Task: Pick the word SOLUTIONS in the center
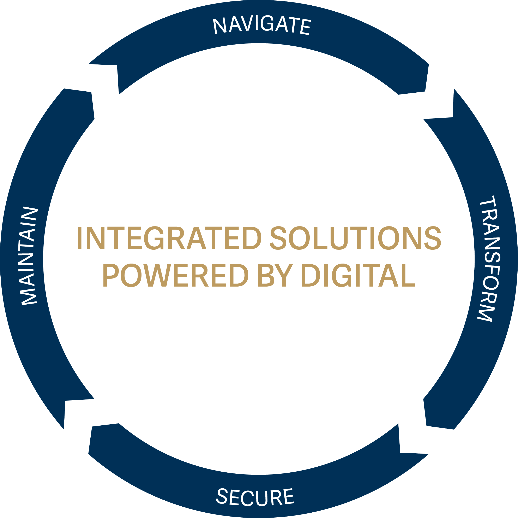coord(355,238)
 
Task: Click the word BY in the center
coord(276,275)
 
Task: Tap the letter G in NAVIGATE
coord(267,23)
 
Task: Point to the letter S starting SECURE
coord(222,496)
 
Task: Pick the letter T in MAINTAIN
coord(26,246)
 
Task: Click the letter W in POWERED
coord(157,275)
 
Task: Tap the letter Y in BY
coord(284,275)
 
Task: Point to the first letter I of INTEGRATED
coord(79,238)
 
